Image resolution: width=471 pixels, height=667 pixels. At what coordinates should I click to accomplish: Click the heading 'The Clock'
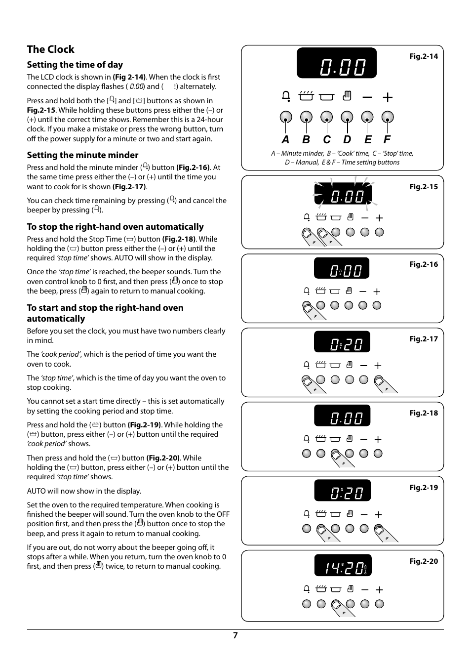[x=50, y=49]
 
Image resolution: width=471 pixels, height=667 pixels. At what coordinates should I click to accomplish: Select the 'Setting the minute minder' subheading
[x=82, y=155]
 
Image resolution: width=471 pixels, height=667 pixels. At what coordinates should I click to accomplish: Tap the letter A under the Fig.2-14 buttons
[x=285, y=140]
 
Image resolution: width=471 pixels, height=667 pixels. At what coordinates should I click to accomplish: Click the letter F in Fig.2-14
[x=387, y=140]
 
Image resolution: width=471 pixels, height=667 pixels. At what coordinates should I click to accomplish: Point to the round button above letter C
[x=326, y=117]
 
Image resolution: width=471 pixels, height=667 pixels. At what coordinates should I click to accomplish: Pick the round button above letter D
[x=347, y=117]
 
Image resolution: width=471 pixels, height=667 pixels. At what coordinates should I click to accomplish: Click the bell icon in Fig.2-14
[x=286, y=96]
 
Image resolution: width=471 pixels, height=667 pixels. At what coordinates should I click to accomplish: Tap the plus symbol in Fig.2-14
[x=388, y=97]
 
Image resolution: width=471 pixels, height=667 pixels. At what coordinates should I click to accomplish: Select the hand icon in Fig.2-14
[x=347, y=96]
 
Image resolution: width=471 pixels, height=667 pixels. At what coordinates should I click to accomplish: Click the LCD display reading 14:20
[x=343, y=565]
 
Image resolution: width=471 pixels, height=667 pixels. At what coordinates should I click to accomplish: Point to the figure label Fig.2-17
[x=424, y=339]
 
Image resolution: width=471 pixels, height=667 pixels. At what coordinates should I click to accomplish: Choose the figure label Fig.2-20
[x=424, y=561]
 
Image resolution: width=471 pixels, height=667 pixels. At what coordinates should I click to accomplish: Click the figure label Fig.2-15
[x=424, y=187]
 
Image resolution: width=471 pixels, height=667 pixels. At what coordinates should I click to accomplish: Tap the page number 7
[x=235, y=635]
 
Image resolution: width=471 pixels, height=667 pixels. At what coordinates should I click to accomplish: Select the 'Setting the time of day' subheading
[x=75, y=65]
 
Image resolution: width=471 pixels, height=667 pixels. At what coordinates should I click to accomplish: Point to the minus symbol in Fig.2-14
[x=367, y=97]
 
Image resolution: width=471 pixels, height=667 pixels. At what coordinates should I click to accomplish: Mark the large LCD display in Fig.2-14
[x=337, y=63]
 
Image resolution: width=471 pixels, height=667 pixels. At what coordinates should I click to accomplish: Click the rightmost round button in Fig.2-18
[x=378, y=454]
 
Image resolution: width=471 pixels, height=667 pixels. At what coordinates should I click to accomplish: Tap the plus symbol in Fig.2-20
[x=379, y=589]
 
